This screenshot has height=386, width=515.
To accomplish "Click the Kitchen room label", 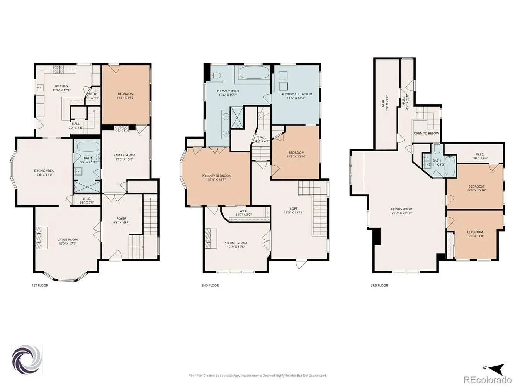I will coord(61,86).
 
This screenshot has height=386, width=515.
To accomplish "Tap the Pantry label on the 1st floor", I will coord(92,94).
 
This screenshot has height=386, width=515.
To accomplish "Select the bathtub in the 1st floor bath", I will coord(87,147).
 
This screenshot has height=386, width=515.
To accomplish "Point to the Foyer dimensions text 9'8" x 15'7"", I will coord(121,222).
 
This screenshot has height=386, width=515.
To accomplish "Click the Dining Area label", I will coord(44,171).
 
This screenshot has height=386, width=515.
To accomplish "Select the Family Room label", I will coord(124,155).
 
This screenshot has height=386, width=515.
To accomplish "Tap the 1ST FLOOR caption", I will coord(40,286).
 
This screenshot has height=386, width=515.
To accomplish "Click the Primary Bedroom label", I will coord(217,176).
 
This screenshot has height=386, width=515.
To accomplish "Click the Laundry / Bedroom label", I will coord(296,94).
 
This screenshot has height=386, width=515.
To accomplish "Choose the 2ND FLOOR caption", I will coord(210,286).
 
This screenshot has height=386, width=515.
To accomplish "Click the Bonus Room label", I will coord(402,209).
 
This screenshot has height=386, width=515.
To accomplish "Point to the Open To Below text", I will coord(427,133).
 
